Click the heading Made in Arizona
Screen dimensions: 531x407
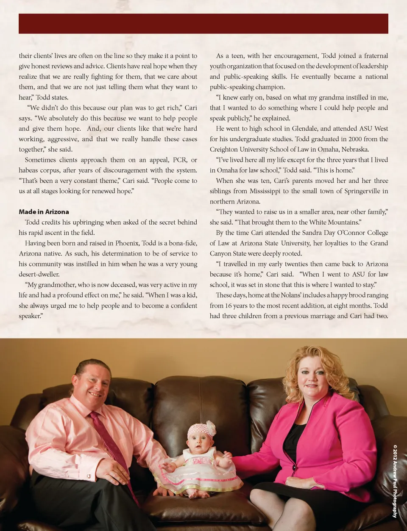(x=44, y=212)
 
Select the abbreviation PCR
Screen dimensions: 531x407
(x=180, y=160)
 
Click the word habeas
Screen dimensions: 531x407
(x=28, y=171)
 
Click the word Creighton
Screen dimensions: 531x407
(x=225, y=149)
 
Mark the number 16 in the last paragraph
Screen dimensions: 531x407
(x=229, y=305)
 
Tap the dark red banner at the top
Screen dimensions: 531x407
(x=203, y=24)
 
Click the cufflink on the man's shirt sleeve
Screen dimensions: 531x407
(x=89, y=476)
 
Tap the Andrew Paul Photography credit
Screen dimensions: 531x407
(x=395, y=481)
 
